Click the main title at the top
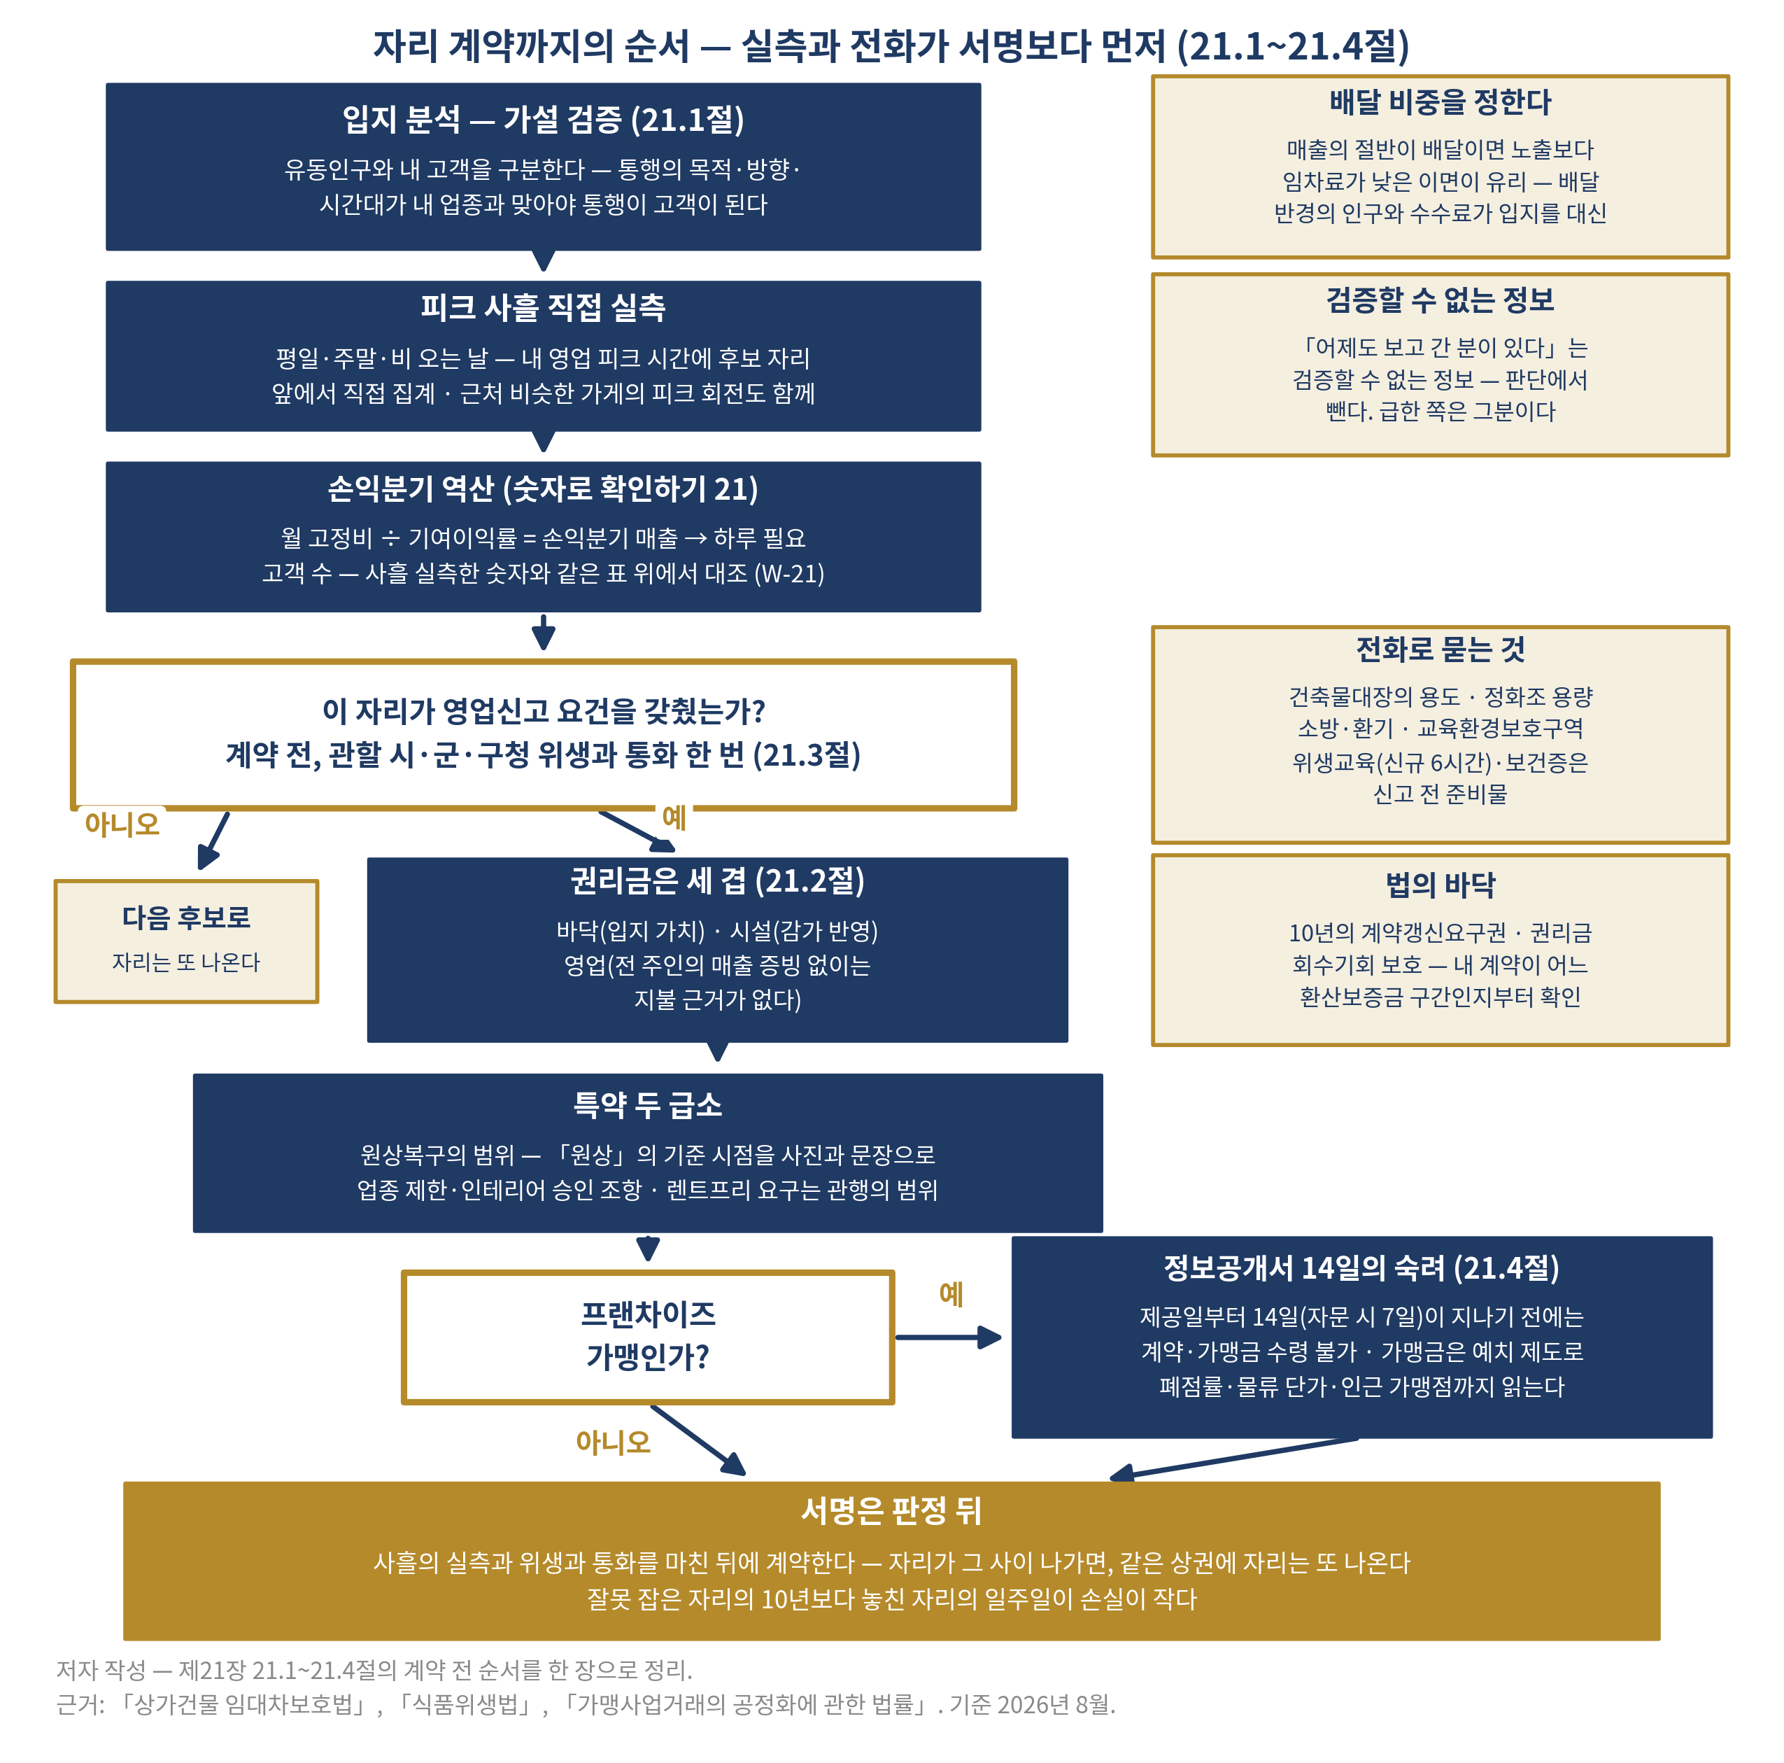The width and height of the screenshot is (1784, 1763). click(891, 46)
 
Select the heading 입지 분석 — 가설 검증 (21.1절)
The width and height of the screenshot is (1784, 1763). click(543, 119)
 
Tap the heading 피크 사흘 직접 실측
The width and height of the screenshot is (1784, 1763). click(543, 307)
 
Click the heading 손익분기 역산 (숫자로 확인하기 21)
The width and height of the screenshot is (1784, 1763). click(543, 489)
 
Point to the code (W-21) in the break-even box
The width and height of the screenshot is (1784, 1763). click(789, 573)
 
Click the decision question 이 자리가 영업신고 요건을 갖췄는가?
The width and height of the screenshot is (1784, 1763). click(543, 711)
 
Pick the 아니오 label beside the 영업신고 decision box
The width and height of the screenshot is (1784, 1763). click(122, 823)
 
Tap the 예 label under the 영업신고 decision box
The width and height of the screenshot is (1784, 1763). click(674, 817)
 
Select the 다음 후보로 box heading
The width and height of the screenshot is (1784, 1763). click(187, 917)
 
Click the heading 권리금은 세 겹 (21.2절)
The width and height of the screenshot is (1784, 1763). click(718, 880)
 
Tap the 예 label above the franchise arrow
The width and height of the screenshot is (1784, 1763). click(951, 1294)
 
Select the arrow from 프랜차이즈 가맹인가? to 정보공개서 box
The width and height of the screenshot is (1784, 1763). click(949, 1336)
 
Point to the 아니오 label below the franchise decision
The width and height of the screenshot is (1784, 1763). click(613, 1442)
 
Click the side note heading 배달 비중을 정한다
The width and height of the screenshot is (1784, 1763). click(1440, 101)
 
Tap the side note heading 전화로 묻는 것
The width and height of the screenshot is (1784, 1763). click(1440, 649)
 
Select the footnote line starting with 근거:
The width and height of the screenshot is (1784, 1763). click(586, 1704)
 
